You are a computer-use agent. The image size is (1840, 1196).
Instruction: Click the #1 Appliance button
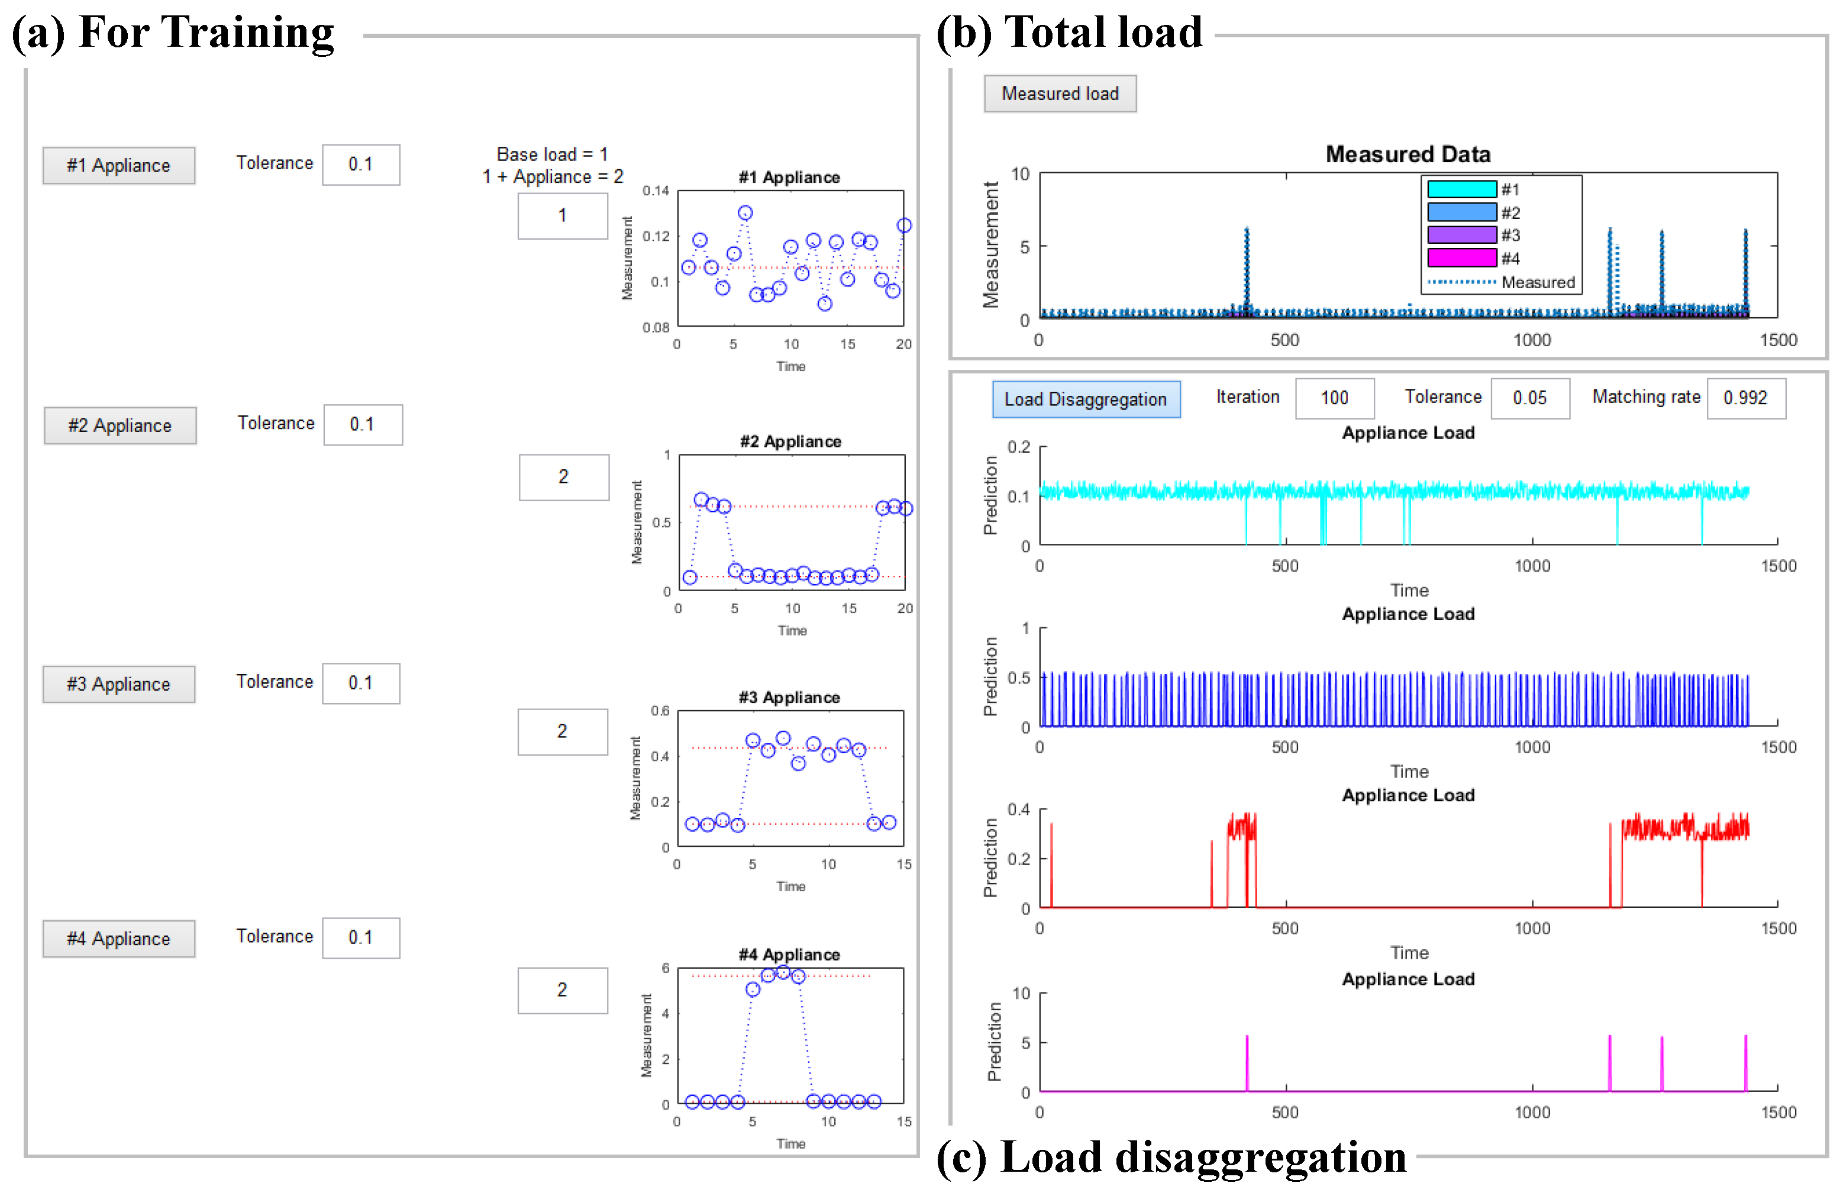click(x=118, y=166)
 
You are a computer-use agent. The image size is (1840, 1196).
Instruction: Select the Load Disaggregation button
click(x=1086, y=399)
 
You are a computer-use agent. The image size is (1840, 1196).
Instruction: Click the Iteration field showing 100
click(x=1334, y=398)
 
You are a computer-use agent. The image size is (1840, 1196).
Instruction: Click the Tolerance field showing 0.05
click(x=1529, y=398)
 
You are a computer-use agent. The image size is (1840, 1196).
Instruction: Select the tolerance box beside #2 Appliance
click(x=362, y=424)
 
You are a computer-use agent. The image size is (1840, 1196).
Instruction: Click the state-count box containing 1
click(x=562, y=215)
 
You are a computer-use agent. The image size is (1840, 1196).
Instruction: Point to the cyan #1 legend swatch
click(x=1461, y=189)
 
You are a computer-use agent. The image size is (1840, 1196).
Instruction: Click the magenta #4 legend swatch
click(x=1461, y=257)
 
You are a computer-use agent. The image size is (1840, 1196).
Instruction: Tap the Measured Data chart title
click(x=1408, y=154)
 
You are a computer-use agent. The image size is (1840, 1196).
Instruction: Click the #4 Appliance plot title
click(x=789, y=954)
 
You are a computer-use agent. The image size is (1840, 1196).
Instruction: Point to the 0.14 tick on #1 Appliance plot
click(x=656, y=191)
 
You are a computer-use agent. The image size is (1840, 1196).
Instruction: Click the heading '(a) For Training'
click(x=173, y=33)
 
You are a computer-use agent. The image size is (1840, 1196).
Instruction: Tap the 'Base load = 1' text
click(x=552, y=154)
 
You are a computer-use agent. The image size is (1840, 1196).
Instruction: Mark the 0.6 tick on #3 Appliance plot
click(x=660, y=711)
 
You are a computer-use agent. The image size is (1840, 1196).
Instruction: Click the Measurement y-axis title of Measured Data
click(x=990, y=245)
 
